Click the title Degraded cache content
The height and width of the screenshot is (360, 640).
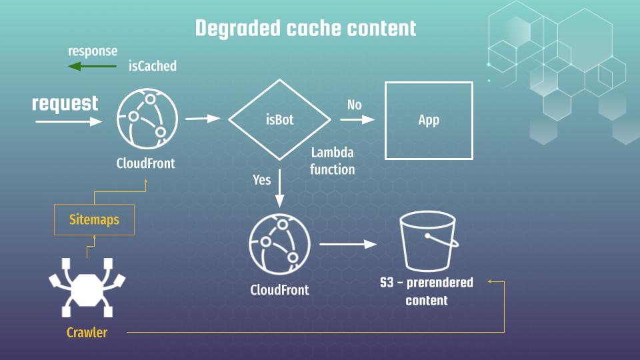point(305,28)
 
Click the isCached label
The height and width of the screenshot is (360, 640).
point(153,66)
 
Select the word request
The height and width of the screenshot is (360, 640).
point(65,103)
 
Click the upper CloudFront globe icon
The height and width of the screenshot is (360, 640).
point(147,119)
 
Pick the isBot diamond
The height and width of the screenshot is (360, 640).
point(279,120)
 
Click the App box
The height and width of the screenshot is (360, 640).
point(429,120)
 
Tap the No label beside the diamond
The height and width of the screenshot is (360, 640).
point(355,105)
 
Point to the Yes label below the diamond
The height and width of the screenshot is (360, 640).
point(262,179)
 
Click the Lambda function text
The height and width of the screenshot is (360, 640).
point(332,161)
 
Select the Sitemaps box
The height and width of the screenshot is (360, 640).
point(94,219)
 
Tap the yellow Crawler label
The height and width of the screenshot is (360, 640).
point(87,332)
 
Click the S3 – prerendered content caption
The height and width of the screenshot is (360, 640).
point(427,291)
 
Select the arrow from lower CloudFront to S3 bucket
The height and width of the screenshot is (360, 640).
point(348,245)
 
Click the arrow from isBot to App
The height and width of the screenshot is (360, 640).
point(357,120)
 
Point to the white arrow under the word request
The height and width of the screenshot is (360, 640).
point(69,121)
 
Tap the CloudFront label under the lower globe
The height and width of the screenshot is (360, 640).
point(279,290)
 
